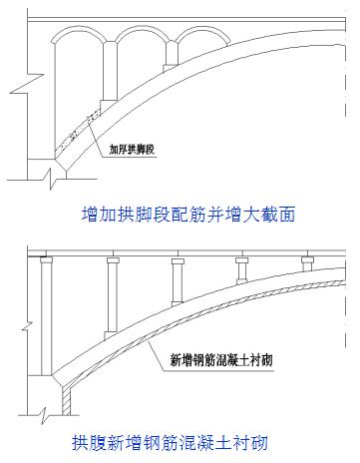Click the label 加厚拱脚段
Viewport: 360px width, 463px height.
point(138,152)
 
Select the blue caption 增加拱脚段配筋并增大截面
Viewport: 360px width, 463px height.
point(186,214)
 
